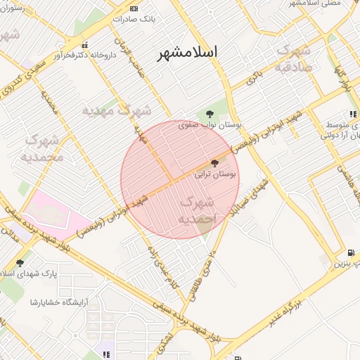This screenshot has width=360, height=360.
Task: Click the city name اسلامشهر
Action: click(187, 53)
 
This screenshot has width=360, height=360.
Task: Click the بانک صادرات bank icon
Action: click(134, 8)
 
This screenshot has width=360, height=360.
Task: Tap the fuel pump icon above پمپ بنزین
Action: click(351, 253)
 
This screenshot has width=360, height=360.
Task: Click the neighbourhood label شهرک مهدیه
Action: click(117, 110)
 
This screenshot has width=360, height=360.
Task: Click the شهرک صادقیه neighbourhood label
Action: click(293, 60)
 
